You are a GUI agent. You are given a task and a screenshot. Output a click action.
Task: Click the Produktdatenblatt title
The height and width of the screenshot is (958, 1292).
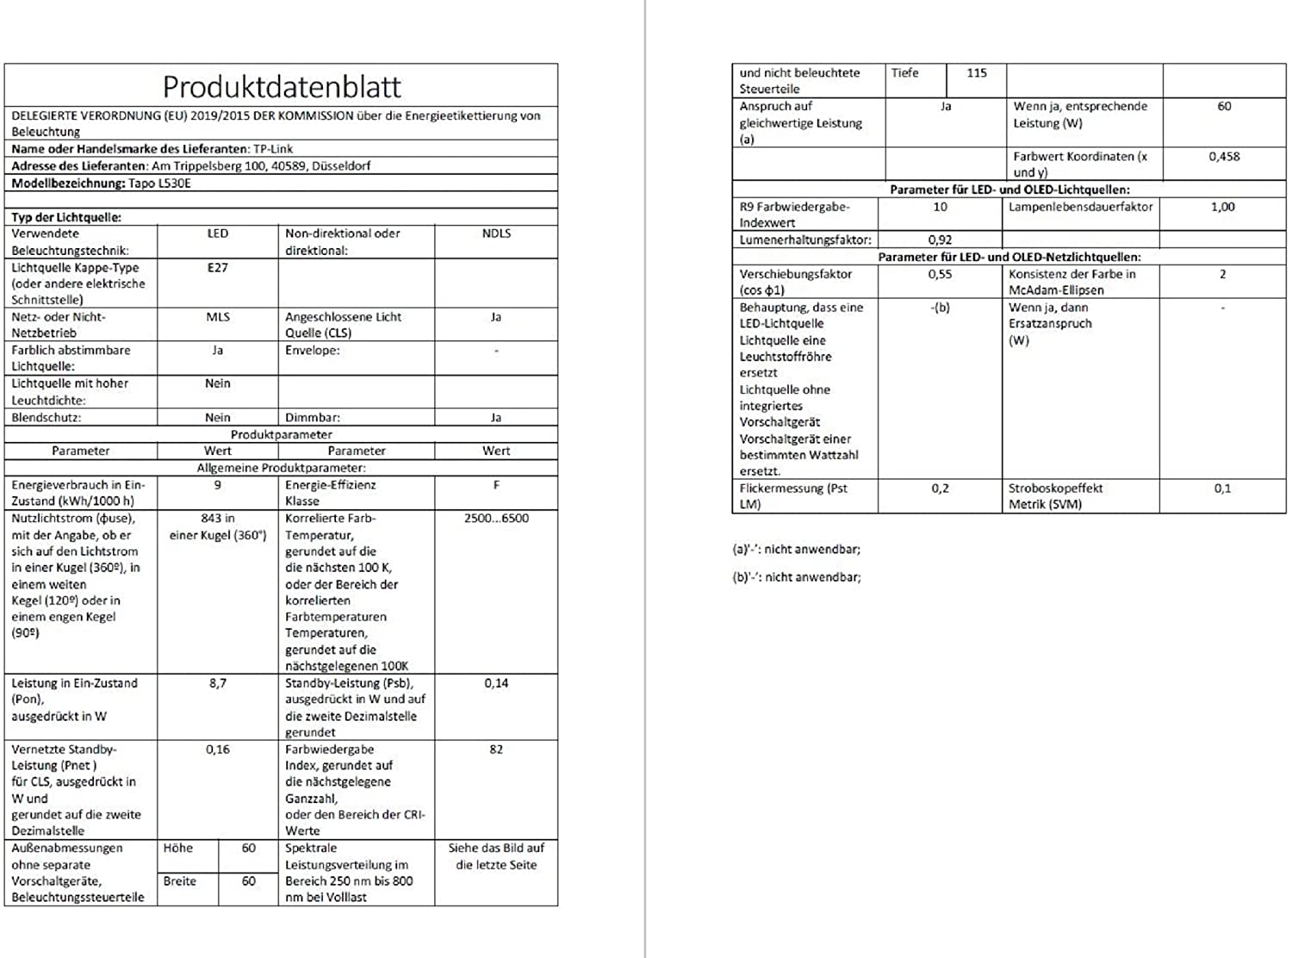click(x=282, y=86)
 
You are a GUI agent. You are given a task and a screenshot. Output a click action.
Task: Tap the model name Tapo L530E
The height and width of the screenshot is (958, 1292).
click(x=159, y=184)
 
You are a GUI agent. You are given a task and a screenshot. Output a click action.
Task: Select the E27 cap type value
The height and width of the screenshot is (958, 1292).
click(x=218, y=268)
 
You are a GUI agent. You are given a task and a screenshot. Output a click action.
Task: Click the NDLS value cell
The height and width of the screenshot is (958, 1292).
click(x=496, y=233)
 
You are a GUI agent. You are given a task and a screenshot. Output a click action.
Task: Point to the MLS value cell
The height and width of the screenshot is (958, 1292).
click(x=218, y=317)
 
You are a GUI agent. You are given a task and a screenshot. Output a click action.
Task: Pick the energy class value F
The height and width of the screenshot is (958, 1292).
click(x=496, y=485)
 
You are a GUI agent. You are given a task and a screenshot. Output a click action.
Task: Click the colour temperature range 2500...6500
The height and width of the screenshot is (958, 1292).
click(x=496, y=519)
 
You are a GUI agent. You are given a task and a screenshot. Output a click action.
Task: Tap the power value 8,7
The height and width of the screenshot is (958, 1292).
click(x=218, y=683)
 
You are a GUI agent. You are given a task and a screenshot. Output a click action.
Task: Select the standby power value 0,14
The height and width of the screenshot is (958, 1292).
click(x=496, y=683)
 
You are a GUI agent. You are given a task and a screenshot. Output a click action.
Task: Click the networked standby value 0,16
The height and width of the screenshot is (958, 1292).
click(x=218, y=750)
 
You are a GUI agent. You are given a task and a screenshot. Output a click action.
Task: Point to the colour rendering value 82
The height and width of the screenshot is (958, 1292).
click(x=496, y=750)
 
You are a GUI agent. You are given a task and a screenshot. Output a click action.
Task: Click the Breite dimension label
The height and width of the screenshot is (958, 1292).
click(x=180, y=881)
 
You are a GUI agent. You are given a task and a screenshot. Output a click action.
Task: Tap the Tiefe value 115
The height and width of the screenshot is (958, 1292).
click(x=976, y=73)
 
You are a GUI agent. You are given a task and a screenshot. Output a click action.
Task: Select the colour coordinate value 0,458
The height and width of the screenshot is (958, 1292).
click(x=1224, y=157)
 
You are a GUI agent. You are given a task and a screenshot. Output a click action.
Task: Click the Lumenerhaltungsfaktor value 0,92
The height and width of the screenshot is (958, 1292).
click(x=940, y=240)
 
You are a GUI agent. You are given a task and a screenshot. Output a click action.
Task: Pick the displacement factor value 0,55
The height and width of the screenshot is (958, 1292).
click(x=940, y=274)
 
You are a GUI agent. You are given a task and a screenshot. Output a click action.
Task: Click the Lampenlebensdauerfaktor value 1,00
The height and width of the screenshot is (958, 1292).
click(x=1223, y=207)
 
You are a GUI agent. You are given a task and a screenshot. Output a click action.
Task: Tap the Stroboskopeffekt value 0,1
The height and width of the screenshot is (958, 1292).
click(x=1223, y=488)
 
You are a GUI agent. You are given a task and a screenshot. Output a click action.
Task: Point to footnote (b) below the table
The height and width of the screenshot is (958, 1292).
click(x=796, y=577)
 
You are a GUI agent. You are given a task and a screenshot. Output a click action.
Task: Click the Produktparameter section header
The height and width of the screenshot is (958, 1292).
click(x=281, y=434)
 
